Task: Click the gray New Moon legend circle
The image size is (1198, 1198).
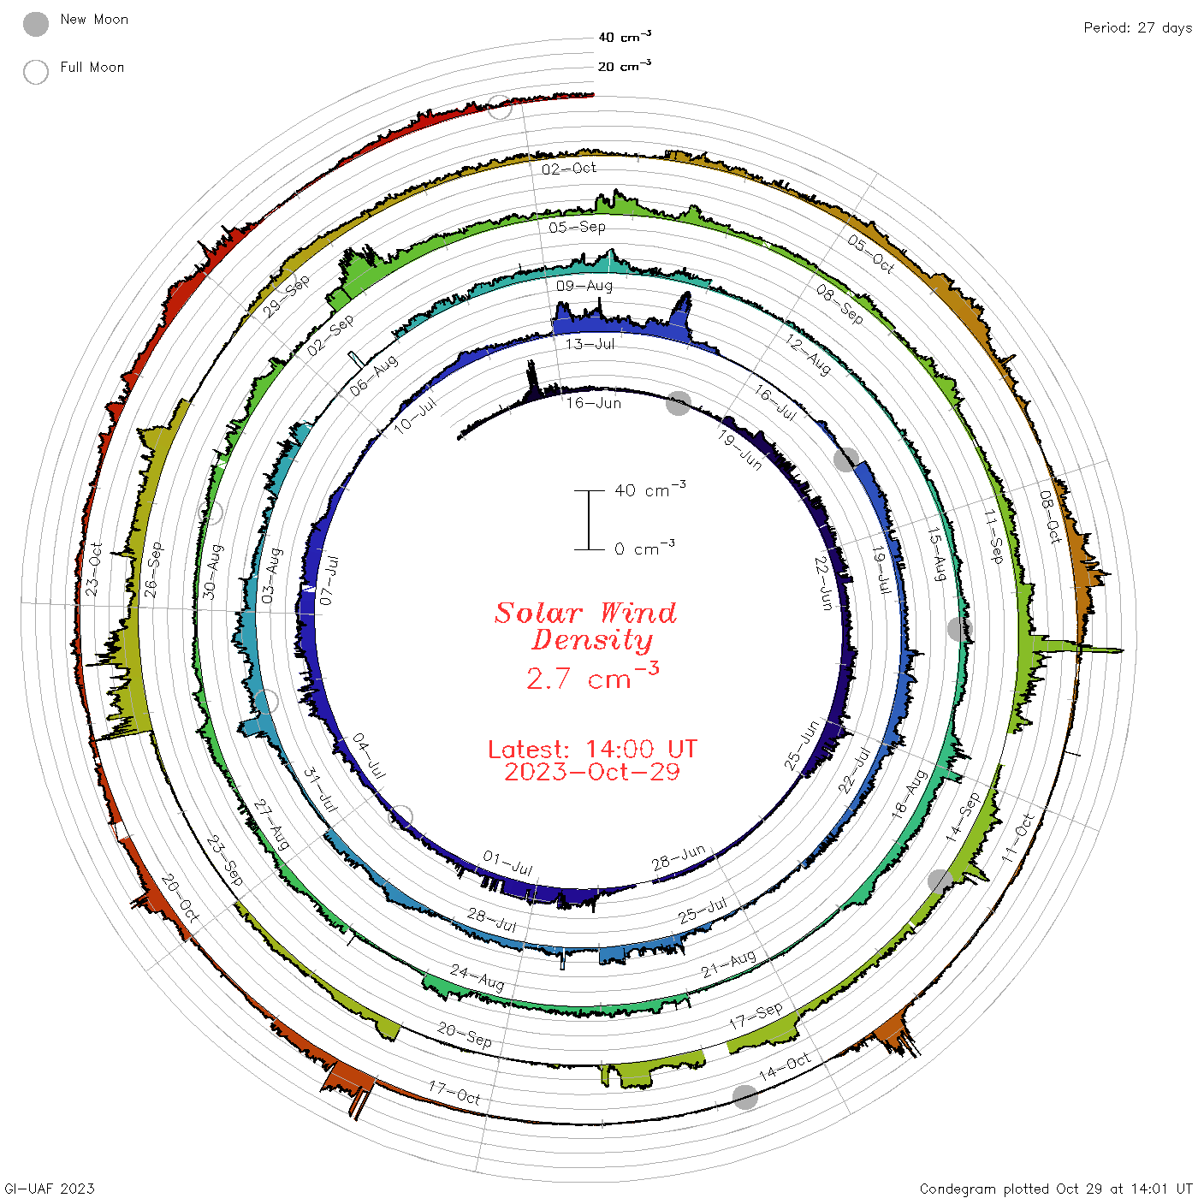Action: pos(35,24)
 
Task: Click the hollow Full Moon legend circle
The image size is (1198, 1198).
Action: pos(35,72)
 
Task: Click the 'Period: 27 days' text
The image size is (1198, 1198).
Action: pos(1137,28)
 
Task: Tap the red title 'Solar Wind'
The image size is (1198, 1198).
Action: pos(585,614)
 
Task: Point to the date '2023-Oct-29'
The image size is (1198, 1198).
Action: pos(592,772)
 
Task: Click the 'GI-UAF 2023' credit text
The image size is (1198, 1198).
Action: pos(49,1189)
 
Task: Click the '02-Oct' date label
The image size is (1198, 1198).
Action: pos(568,169)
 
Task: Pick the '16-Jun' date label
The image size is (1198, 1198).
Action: pos(593,403)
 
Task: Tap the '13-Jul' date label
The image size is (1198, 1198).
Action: pos(590,344)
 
